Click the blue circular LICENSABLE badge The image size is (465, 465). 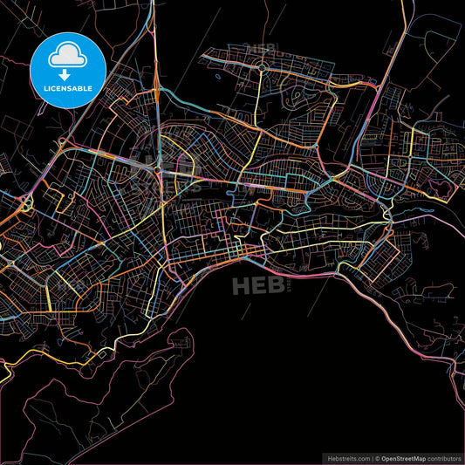pos(68,71)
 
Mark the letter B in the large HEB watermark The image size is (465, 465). pos(278,286)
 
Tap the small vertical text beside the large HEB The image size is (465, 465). pos(292,286)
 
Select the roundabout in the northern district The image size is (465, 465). pos(261,66)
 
